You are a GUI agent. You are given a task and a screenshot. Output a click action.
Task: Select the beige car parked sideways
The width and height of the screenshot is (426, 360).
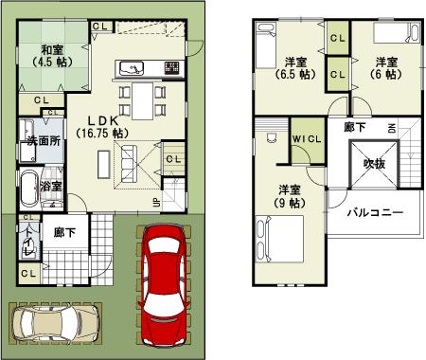click(x=54, y=324)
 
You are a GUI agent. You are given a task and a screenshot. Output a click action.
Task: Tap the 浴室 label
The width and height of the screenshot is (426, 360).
click(x=52, y=186)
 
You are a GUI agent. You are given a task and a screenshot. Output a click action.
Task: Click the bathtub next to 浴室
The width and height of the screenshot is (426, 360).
click(x=28, y=183)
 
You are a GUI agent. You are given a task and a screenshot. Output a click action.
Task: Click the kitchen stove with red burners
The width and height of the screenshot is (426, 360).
click(x=172, y=68)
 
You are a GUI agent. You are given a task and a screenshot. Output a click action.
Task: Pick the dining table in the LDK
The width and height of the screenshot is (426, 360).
click(x=140, y=98)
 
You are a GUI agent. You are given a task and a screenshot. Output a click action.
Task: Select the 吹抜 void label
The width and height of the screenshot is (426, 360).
click(x=374, y=163)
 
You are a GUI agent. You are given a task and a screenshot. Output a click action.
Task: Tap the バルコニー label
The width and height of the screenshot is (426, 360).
click(x=375, y=212)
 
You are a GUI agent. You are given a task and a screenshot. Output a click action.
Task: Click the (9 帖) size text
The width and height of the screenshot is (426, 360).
click(x=290, y=203)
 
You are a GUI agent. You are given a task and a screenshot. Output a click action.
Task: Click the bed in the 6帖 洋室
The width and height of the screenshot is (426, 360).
click(x=397, y=36)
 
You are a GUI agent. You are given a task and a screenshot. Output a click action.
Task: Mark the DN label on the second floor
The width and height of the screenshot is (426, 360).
click(x=391, y=127)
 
